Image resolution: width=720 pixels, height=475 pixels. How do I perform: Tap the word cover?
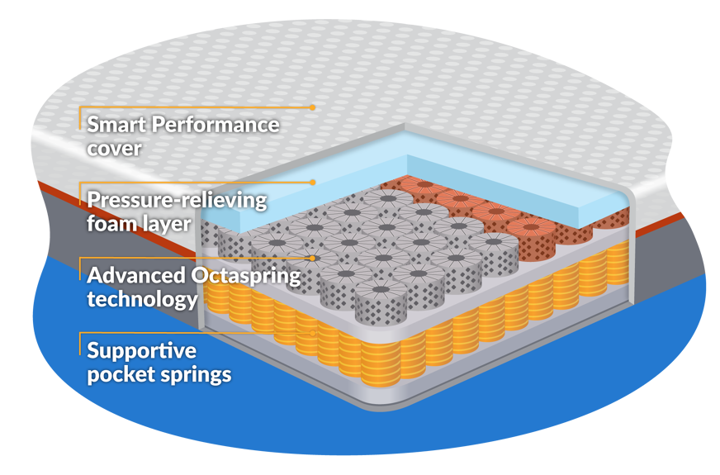click(x=115, y=150)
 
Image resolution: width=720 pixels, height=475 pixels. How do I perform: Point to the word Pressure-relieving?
click(x=178, y=200)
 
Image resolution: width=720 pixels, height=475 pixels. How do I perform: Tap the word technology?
click(x=142, y=298)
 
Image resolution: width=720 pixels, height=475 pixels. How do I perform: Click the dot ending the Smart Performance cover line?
click(x=313, y=107)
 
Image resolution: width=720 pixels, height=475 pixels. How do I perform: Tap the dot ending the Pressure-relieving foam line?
click(x=313, y=182)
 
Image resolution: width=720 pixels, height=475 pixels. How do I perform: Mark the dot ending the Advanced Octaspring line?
click(x=313, y=258)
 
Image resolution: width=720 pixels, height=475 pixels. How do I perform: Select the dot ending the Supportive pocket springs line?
click(x=313, y=332)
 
